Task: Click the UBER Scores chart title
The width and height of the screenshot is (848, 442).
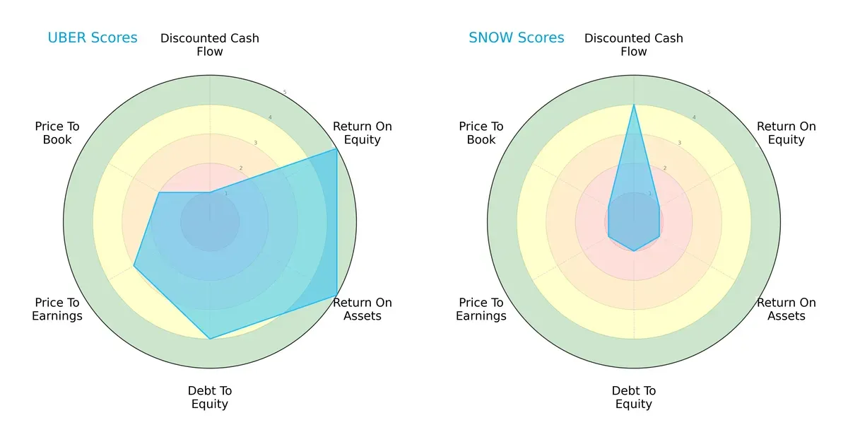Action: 93,38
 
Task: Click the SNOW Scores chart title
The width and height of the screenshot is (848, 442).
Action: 517,38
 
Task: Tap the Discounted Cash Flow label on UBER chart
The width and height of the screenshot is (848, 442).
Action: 210,45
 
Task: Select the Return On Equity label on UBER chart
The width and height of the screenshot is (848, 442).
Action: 363,133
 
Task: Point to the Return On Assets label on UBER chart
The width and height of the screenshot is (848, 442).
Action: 363,309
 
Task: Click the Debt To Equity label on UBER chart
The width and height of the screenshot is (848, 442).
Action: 210,397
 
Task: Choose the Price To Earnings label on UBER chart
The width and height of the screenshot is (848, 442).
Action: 57,309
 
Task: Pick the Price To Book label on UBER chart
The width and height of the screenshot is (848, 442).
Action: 57,133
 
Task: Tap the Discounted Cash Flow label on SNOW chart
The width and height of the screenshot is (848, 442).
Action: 634,45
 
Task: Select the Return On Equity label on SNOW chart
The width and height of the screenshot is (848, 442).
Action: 787,133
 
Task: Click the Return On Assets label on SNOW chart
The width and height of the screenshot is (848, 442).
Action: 787,309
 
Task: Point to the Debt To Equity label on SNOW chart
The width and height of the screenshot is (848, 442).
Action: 634,397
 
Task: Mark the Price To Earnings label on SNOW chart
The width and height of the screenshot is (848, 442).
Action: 481,309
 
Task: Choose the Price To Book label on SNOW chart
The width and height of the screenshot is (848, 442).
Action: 481,133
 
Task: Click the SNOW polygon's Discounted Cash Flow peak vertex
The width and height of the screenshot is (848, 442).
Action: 634,105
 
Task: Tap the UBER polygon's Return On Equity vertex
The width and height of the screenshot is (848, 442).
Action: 336,149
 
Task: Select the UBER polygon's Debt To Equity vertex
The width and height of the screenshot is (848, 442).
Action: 210,339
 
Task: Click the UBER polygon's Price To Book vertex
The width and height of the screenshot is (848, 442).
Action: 160,192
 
